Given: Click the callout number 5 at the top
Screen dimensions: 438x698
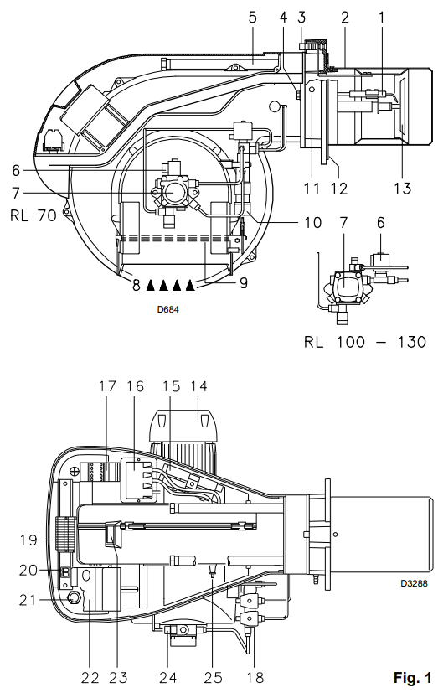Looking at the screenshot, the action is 252,18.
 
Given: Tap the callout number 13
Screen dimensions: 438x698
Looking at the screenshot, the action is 402,189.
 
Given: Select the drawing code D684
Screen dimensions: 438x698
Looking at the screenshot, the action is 167,309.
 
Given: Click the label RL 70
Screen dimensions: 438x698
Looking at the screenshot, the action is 33,216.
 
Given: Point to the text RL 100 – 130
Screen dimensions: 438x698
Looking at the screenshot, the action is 365,342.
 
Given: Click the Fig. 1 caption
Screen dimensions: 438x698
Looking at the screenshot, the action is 412,678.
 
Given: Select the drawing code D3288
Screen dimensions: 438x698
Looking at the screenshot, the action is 414,583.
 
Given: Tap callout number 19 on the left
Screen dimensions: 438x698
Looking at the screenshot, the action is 28,540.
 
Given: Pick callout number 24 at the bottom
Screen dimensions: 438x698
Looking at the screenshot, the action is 167,678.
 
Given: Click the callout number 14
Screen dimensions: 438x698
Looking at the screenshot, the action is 198,386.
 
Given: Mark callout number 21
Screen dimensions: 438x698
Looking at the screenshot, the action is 28,600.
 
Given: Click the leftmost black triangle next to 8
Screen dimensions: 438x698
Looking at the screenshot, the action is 151,285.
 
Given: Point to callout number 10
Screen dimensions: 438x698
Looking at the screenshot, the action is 313,223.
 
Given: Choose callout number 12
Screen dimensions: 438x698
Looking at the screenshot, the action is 339,189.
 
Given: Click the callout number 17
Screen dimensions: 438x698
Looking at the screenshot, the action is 107,386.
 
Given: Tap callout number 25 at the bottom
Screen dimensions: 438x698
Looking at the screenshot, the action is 213,678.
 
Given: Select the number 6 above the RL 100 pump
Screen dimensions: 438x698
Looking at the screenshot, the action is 380,223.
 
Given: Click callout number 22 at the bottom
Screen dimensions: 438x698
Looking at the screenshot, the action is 90,678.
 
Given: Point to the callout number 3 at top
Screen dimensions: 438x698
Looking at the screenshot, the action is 301,18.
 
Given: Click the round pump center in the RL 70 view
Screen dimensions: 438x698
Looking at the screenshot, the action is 170,193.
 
